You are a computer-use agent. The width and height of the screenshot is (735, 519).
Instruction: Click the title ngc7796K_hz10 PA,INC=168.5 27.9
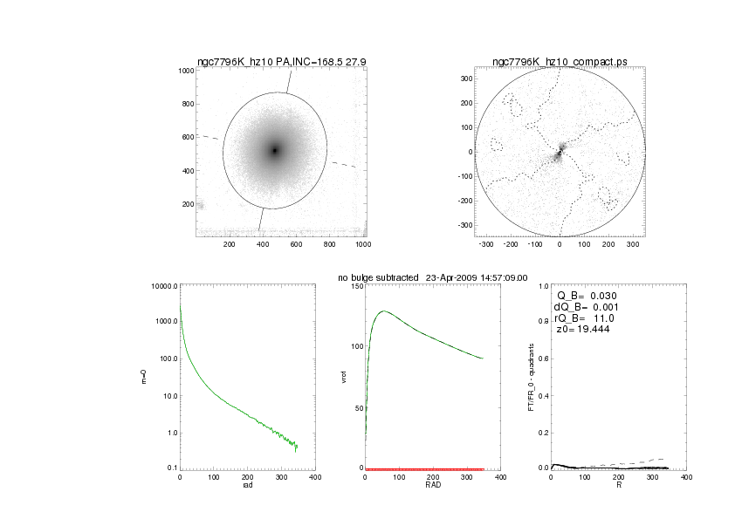coord(281,61)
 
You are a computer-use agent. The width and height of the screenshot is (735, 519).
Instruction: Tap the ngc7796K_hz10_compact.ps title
coord(560,61)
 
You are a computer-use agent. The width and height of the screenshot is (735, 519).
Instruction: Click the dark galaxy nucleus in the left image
coord(274,150)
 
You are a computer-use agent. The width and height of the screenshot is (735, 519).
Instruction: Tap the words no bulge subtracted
coord(378,277)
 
